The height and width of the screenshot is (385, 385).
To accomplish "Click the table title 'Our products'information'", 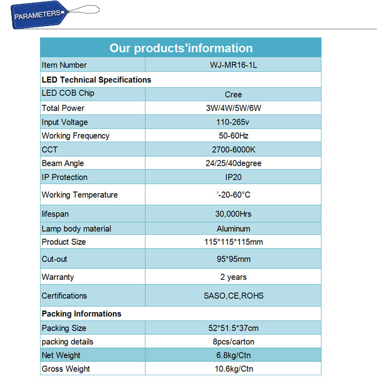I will click(x=181, y=48).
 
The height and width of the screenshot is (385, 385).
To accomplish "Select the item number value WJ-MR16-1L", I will click(x=233, y=65).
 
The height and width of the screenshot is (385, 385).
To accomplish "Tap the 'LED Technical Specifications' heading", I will click(x=97, y=80).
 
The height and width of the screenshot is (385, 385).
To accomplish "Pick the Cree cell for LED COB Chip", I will click(x=233, y=94).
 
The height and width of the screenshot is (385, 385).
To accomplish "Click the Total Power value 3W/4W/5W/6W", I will click(x=233, y=108).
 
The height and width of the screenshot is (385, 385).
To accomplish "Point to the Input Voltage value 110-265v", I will click(x=233, y=122).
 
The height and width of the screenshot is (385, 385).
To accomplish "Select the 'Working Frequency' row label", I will click(x=75, y=136).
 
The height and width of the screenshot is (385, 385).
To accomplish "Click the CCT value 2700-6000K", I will click(x=233, y=150).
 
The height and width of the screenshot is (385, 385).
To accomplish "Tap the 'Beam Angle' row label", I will click(x=63, y=163).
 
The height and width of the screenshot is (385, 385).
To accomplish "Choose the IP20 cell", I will click(x=233, y=177).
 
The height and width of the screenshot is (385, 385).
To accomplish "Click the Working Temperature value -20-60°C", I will click(x=233, y=195).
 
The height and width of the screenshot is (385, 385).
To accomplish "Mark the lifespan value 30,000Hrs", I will click(x=233, y=214).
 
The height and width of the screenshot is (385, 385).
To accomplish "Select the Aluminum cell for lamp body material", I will click(x=233, y=229).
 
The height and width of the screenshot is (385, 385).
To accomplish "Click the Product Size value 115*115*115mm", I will click(x=233, y=242).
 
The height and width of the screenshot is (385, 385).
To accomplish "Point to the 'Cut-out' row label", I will click(x=54, y=259).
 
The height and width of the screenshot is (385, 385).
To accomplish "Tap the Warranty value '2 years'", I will click(x=233, y=277).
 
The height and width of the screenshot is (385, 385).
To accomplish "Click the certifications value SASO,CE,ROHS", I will click(x=233, y=296).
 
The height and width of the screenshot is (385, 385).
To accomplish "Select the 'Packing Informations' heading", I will click(x=82, y=314).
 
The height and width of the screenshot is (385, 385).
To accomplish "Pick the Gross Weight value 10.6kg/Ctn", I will click(x=233, y=369).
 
